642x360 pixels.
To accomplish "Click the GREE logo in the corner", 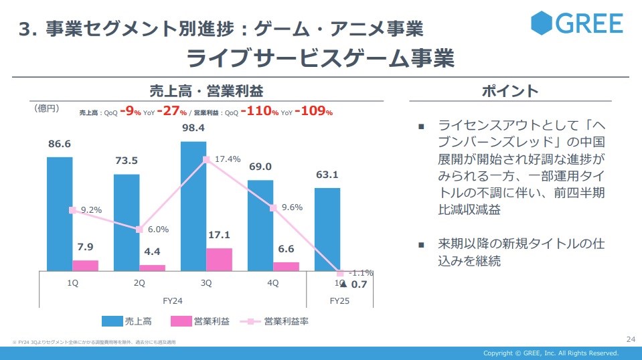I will point(576,23).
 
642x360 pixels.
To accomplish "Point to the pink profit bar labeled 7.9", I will point(85,266).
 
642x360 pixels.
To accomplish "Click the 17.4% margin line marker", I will point(206,159).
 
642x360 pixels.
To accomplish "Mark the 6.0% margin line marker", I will point(139,230).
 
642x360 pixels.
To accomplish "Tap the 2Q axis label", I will point(139,283).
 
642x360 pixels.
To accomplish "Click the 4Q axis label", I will point(272,283).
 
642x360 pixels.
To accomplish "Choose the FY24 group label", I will point(173,301).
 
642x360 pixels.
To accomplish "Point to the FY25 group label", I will point(339,301).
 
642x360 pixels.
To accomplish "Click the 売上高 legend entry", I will point(131,321).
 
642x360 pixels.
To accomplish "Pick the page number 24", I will point(630,339).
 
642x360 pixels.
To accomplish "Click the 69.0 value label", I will point(260,167).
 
